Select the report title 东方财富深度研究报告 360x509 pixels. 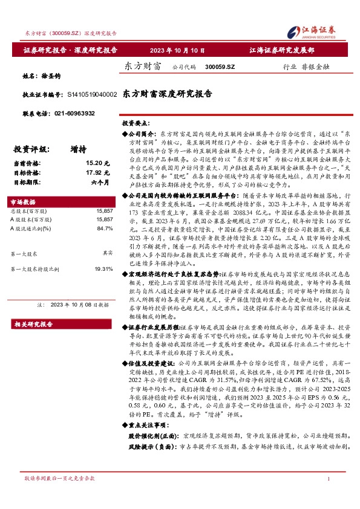click(168, 94)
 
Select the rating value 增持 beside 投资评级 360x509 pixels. click(77, 149)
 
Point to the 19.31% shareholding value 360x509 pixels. click(103, 268)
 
